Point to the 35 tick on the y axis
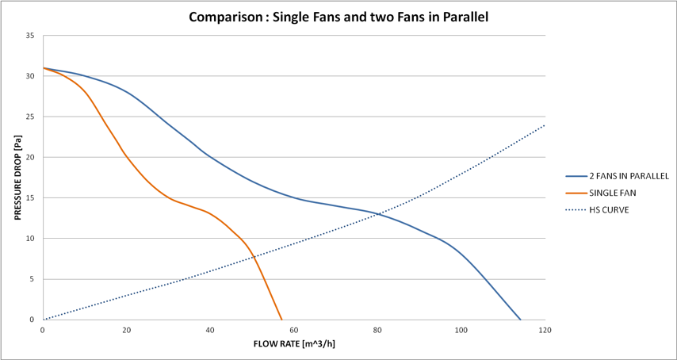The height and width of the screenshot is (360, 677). (x=29, y=36)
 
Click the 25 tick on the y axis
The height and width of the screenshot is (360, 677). (x=29, y=117)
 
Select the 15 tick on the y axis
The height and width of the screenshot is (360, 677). (x=29, y=198)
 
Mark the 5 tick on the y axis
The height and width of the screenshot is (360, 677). (x=32, y=279)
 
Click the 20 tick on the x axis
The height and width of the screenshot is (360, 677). (x=127, y=329)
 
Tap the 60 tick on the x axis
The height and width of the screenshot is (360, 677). (x=294, y=329)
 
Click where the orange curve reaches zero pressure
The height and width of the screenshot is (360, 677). (x=281, y=320)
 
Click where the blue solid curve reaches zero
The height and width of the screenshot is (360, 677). (x=521, y=320)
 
